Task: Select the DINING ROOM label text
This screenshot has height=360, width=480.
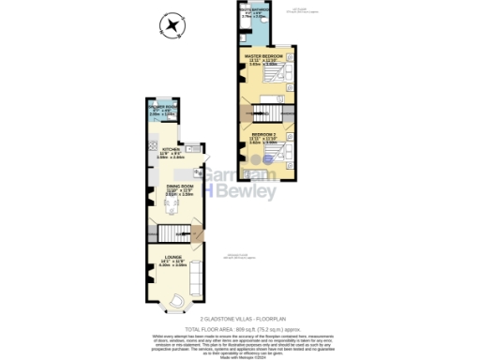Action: pos(179,187)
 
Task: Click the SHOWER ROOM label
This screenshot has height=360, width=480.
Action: pos(162,108)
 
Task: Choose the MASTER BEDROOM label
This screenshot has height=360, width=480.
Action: pos(263,56)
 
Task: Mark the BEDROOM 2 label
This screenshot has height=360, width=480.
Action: pos(263,135)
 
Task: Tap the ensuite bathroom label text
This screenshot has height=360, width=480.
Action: pos(254,12)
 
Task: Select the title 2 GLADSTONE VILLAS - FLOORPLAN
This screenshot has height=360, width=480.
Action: pos(240,320)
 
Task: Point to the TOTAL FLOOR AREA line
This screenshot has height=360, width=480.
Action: pos(240,328)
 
